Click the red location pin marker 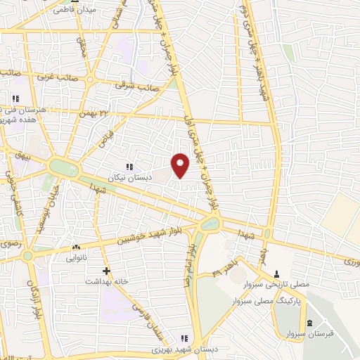click(x=181, y=165)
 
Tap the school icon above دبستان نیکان click(x=129, y=167)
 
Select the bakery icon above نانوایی click(x=76, y=247)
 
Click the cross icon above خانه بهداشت click(x=106, y=270)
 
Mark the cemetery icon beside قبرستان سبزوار click(x=309, y=324)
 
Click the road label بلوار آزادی click(x=32, y=299)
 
